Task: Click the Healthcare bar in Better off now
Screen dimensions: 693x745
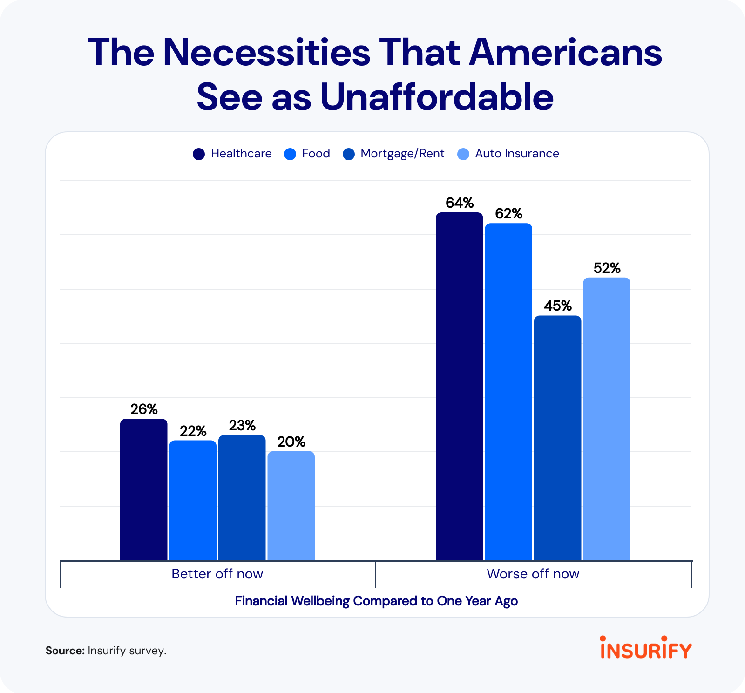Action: click(143, 489)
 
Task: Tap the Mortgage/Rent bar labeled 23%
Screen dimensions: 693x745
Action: click(242, 497)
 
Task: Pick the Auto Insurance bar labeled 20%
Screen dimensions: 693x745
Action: click(291, 505)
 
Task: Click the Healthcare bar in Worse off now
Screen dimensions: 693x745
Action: click(459, 386)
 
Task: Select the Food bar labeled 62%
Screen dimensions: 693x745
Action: click(508, 391)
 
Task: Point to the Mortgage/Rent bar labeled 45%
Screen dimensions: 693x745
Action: click(557, 437)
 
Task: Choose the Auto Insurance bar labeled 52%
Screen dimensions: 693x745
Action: click(607, 419)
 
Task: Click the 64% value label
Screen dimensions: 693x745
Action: click(460, 203)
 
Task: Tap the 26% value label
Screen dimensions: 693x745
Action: click(144, 409)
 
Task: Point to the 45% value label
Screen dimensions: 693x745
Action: click(558, 306)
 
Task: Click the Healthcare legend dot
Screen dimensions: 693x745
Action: click(199, 154)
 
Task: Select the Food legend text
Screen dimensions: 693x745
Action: click(316, 154)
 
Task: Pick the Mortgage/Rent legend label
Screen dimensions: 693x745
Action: click(402, 154)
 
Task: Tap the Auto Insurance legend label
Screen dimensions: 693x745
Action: click(517, 154)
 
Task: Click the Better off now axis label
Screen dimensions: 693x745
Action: click(217, 574)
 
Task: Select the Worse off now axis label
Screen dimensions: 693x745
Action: click(533, 574)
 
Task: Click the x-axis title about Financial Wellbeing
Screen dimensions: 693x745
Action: click(376, 601)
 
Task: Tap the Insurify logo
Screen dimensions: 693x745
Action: click(646, 648)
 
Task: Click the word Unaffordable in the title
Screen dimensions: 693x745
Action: click(437, 97)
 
